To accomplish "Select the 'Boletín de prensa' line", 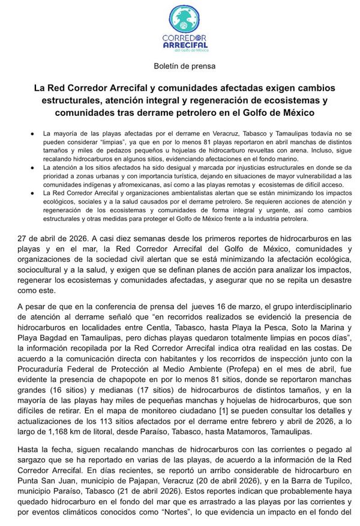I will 180,64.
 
